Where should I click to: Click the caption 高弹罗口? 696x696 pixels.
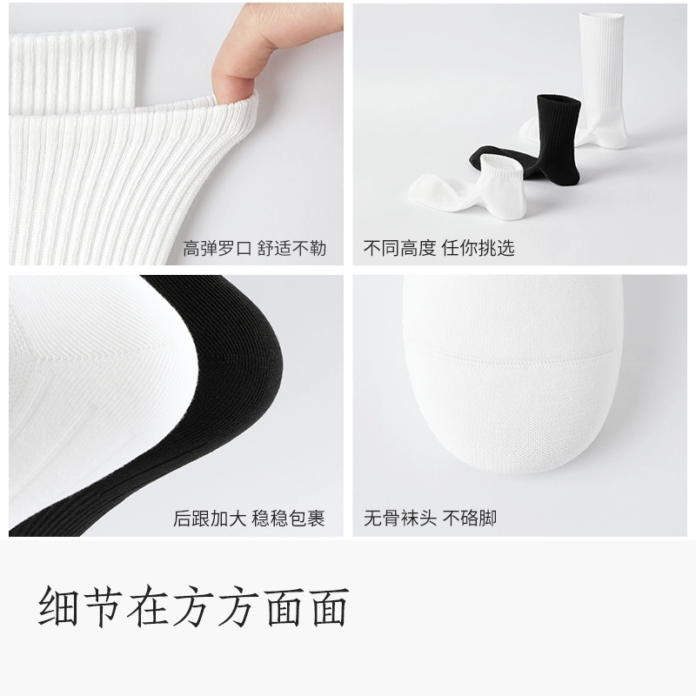coord(217,249)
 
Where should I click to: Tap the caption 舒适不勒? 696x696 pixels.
coord(291,249)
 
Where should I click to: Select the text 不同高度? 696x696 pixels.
coord(400,248)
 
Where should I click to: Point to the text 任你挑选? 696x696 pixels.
coord(478,248)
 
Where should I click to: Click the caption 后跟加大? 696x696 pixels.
coord(210,519)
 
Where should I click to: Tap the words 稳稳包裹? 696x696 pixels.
coord(289,519)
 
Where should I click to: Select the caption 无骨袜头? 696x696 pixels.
coord(400,518)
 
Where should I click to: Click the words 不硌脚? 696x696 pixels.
coord(470,518)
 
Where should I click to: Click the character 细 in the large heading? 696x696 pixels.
coord(58,606)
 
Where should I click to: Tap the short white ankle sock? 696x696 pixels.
coord(471,186)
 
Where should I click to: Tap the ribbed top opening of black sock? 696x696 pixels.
coord(559,100)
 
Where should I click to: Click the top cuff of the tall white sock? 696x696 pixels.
coord(600,17)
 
